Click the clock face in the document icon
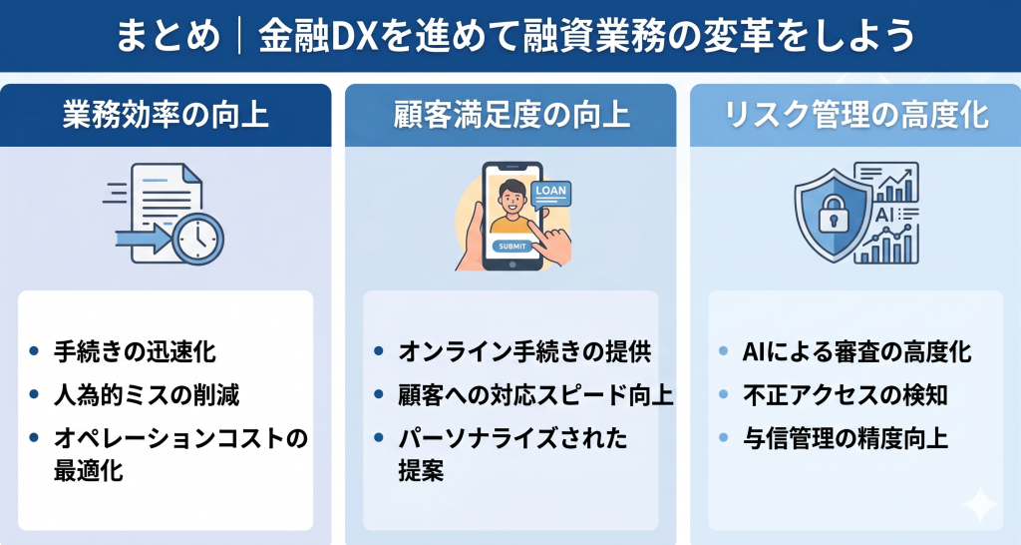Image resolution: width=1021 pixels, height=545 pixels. tap(197, 238)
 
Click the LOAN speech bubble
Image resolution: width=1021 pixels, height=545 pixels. tap(549, 192)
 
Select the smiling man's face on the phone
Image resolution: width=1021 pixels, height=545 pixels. tap(511, 198)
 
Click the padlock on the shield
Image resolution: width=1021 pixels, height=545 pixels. tap(832, 212)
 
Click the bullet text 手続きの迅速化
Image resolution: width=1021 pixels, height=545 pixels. tap(135, 352)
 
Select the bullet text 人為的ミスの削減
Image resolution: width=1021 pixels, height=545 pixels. tap(147, 394)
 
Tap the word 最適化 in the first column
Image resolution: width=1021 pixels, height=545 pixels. tap(89, 470)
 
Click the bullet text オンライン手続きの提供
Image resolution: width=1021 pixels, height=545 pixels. tap(524, 352)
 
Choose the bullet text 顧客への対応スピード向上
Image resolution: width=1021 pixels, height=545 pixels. tap(536, 394)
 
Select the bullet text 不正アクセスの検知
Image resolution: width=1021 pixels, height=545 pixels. tap(846, 394)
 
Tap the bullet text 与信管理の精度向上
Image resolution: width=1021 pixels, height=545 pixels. tap(846, 436)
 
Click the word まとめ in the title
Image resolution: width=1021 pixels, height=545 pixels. tap(168, 37)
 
